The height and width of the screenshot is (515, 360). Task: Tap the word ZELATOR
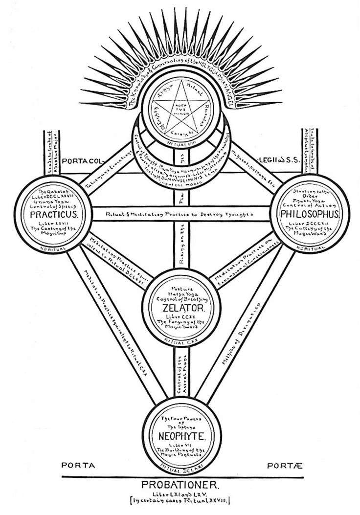[180, 308]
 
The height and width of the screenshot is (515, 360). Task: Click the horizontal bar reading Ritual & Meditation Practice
[180, 214]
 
